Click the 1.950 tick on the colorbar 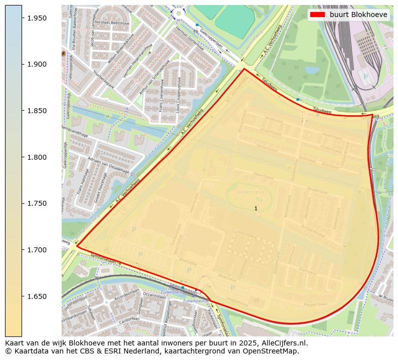(37, 18)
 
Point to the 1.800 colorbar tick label (37, 157)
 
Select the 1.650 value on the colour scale (37, 296)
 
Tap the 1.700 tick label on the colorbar (37, 250)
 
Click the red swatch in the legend (318, 15)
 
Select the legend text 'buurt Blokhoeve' (358, 15)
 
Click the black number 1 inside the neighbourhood (256, 208)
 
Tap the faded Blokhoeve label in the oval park (251, 191)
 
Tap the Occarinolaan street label (154, 295)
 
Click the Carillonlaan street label (129, 318)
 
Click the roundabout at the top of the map (177, 14)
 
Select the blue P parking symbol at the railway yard (365, 76)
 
